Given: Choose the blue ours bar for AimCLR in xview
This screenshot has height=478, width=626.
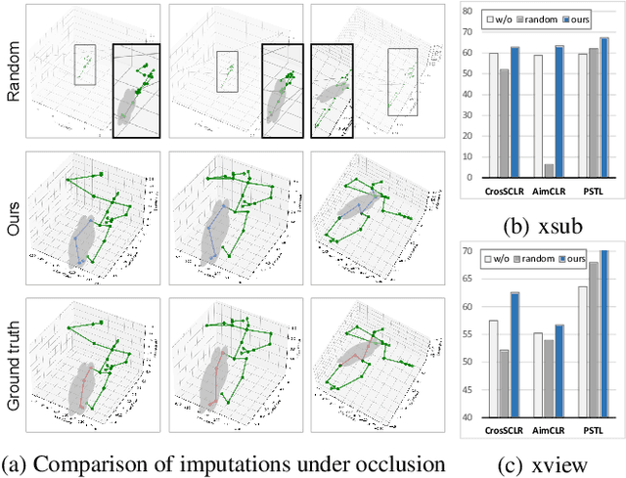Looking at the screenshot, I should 558,370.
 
